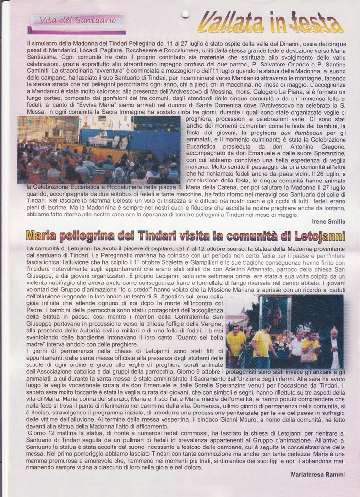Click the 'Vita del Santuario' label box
77,21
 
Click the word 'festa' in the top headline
316,22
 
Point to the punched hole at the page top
185,14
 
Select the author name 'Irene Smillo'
328,221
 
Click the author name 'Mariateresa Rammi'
318,474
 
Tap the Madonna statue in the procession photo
275,315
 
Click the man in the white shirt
295,348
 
